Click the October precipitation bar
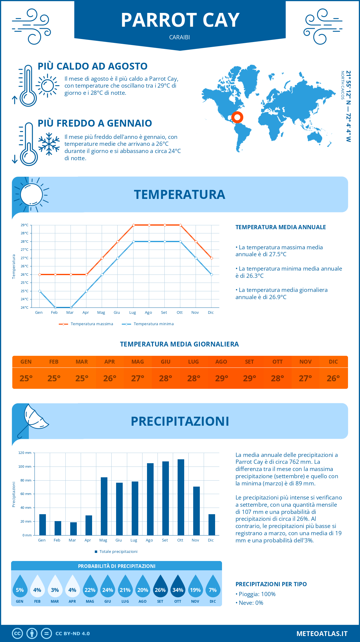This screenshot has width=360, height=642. point(181,497)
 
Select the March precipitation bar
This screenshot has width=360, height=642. point(73,529)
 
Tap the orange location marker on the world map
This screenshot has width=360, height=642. point(237,117)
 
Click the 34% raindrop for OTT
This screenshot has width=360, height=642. point(178,586)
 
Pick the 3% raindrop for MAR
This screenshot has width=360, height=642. point(55,586)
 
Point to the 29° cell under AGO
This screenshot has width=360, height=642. point(221,378)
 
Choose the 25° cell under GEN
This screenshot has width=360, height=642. point(26,378)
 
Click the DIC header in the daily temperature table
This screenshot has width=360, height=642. point(333,361)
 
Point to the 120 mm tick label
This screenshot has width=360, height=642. point(25,453)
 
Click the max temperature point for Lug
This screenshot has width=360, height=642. point(133,225)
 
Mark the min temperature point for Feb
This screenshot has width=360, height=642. point(55,307)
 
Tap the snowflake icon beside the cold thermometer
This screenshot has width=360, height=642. point(49,144)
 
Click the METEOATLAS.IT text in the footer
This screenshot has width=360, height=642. point(322,634)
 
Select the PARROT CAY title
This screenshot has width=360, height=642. point(180,20)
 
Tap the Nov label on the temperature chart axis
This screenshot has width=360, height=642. point(195,313)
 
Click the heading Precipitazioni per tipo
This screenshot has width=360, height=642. point(271,584)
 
